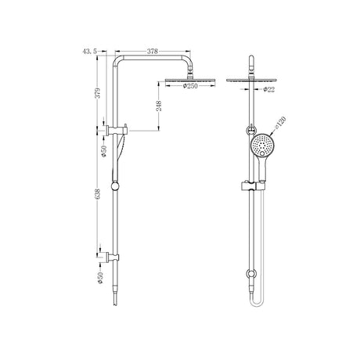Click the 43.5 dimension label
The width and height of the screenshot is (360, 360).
click(x=89, y=52)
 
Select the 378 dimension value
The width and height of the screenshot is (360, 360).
click(x=153, y=52)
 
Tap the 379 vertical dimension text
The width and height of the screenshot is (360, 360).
click(x=98, y=93)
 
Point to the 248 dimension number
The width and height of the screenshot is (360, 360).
click(x=159, y=106)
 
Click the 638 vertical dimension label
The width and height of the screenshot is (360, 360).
click(x=98, y=194)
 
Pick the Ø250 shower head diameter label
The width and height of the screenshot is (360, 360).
click(x=190, y=86)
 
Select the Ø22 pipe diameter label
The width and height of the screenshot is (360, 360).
click(x=269, y=89)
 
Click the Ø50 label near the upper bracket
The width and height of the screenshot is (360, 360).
click(x=104, y=151)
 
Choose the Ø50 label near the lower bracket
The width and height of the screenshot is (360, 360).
click(x=100, y=278)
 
